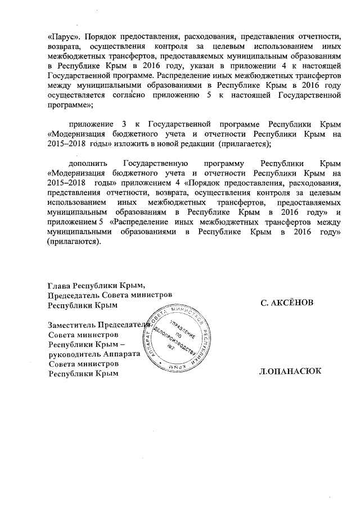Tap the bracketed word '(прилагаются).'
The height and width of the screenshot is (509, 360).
click(x=74, y=242)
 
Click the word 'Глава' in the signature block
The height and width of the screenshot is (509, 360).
click(x=59, y=284)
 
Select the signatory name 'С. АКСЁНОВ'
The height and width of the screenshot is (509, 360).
click(x=286, y=303)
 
